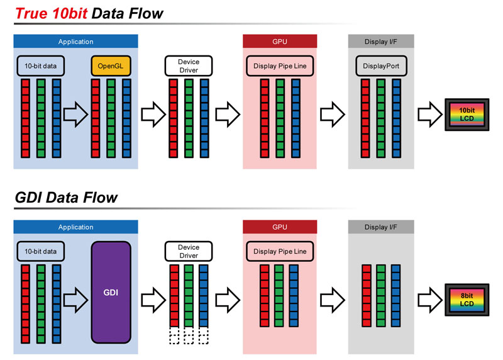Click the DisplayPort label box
(x=381, y=65)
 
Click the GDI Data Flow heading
(x=66, y=198)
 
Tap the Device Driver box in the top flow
(x=189, y=65)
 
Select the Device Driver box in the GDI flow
(x=189, y=251)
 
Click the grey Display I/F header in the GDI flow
(x=381, y=227)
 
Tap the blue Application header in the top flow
(x=75, y=42)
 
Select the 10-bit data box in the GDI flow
(x=40, y=251)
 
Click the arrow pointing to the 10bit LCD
(x=431, y=115)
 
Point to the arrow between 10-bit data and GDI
(x=75, y=293)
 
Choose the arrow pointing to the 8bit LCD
(x=431, y=300)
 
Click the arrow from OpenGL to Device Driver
(x=151, y=115)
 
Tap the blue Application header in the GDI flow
(x=75, y=227)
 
